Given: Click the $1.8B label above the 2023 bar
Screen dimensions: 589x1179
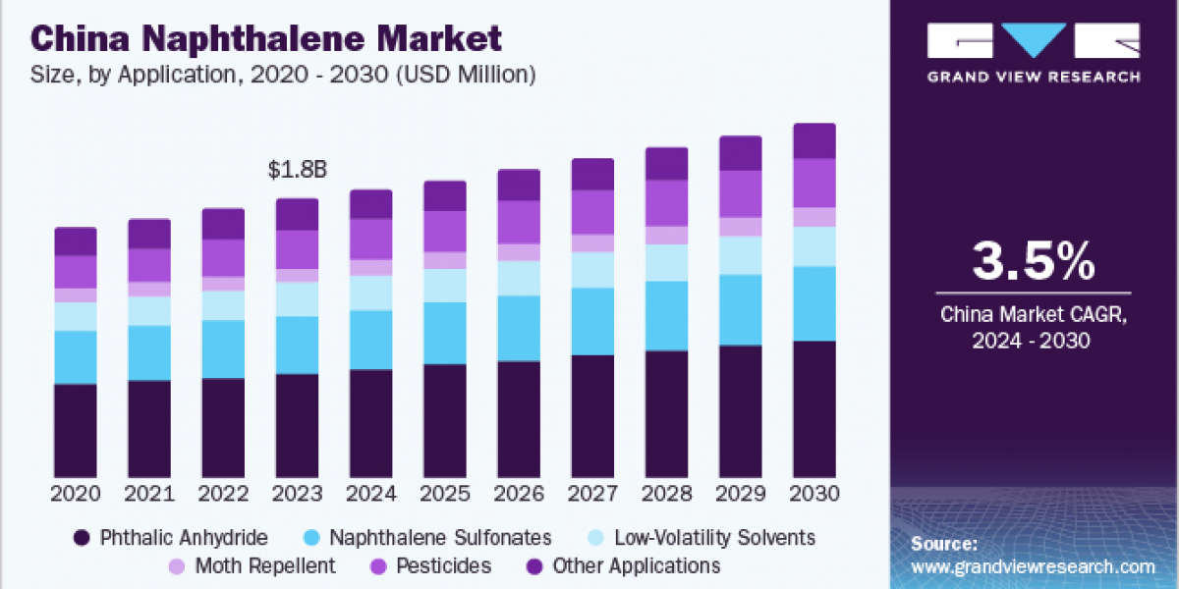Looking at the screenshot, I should click(297, 170).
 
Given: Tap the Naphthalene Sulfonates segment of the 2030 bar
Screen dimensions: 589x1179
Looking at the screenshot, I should click(814, 303).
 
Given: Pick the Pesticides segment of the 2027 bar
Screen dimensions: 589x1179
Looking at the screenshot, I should click(592, 212).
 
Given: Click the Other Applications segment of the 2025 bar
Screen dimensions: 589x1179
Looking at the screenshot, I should click(445, 195).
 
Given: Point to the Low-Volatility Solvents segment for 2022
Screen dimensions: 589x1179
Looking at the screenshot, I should click(223, 305).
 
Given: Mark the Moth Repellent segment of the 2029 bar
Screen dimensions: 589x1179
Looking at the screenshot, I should click(741, 227).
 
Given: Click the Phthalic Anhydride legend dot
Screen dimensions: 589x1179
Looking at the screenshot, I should click(83, 538).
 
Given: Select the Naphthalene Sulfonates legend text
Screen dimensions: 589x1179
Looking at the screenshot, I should click(440, 538).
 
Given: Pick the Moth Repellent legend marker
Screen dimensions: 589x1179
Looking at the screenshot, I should click(176, 566).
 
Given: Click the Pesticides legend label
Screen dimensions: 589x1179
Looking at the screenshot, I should click(443, 566).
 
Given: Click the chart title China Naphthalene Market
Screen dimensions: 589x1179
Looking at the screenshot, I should click(266, 39).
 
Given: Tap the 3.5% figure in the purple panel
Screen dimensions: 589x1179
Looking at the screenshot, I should click(1032, 263).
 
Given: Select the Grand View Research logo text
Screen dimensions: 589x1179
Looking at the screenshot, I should click(1034, 77).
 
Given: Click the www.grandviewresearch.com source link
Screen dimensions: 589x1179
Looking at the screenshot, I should click(1033, 567).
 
